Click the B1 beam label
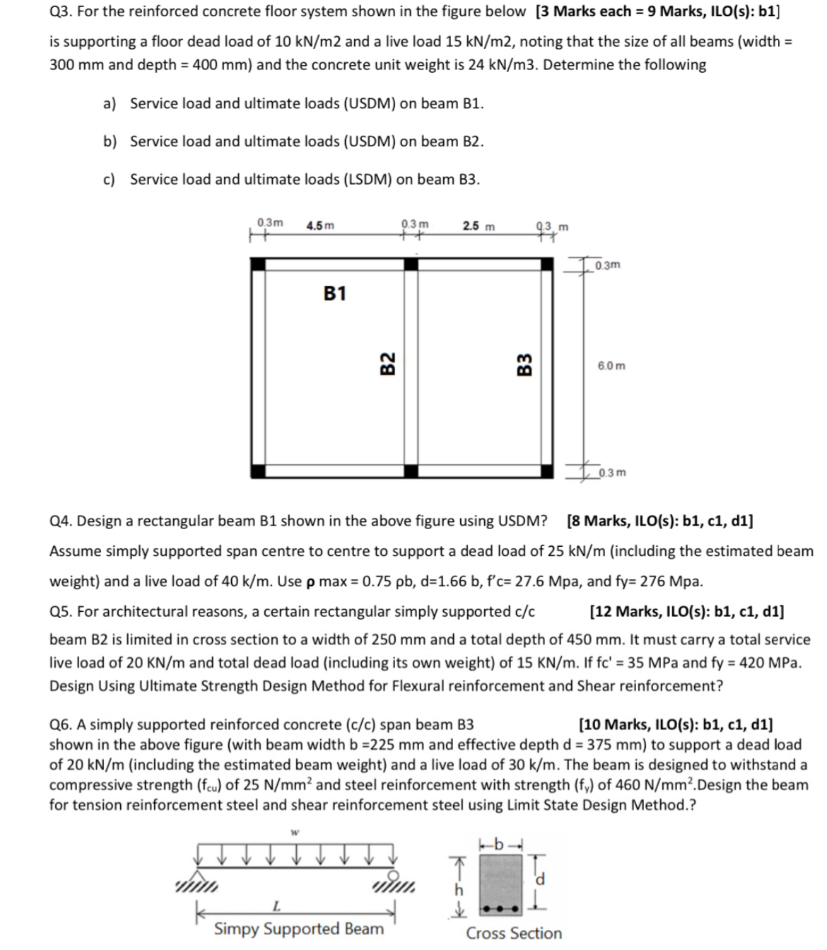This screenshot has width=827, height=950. [335, 293]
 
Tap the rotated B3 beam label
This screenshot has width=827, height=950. [524, 366]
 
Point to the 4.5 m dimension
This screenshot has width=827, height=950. [320, 226]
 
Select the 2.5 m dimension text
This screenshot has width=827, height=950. [479, 226]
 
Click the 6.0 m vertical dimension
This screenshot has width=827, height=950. [611, 366]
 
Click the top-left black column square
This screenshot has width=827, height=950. [259, 265]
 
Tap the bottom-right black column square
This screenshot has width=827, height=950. [546, 471]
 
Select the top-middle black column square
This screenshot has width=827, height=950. [411, 265]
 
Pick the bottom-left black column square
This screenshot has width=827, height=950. [259, 471]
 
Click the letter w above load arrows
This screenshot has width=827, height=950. [293, 833]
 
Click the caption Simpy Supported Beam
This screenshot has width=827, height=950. [298, 929]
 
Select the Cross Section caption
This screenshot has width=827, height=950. [514, 933]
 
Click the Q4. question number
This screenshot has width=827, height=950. [61, 521]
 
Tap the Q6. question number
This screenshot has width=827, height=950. [61, 724]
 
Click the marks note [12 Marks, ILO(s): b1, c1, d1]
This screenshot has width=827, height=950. [686, 611]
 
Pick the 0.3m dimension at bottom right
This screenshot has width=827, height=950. [612, 473]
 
